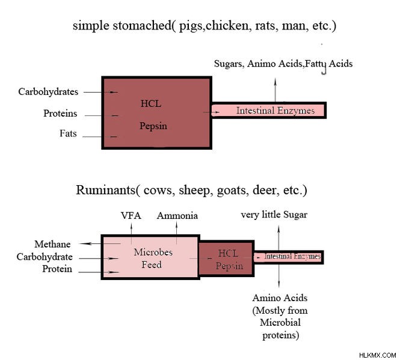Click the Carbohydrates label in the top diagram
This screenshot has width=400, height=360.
coord(48,92)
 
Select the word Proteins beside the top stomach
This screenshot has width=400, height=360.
coord(60,113)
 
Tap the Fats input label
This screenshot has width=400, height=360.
coord(68,133)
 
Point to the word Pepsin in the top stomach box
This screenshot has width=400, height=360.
coord(153,126)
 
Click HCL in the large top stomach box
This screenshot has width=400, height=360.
coord(151,103)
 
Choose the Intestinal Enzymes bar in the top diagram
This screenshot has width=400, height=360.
coord(269,111)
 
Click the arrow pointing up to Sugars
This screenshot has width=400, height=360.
coord(275,90)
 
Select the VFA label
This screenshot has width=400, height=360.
coord(131,216)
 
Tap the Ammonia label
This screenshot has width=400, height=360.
coord(177,216)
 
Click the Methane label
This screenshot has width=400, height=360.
coord(52,244)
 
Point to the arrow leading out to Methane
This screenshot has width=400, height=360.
coord(100,244)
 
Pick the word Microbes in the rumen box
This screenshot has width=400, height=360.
coord(153,252)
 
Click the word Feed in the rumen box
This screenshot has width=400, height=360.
coord(152,264)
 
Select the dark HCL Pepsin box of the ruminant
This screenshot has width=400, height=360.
coord(227,258)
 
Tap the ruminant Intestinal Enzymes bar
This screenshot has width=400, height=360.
coord(289,257)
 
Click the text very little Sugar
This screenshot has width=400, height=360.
coord(274,215)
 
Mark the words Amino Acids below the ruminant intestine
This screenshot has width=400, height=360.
coord(280,297)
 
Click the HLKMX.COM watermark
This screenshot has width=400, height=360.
coord(378,355)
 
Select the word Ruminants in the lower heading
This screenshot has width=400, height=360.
coord(106,190)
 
